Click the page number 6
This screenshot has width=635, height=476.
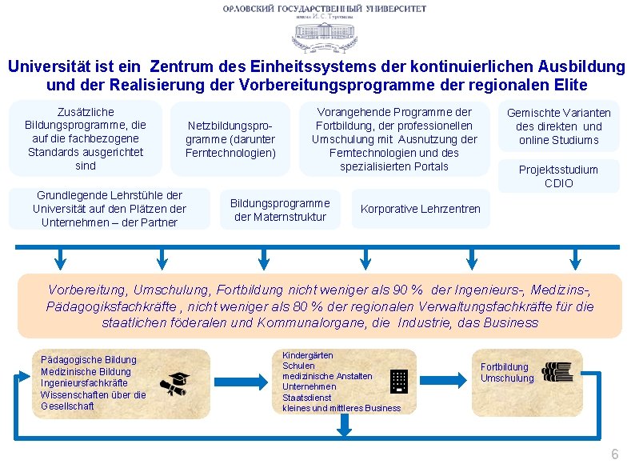point(614,454)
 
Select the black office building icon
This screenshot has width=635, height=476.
point(398,382)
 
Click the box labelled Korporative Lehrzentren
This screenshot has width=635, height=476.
point(420,209)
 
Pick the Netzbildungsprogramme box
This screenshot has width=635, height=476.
point(230,139)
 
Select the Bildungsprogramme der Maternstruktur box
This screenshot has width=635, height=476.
point(280,210)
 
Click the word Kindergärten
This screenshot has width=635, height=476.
point(308,355)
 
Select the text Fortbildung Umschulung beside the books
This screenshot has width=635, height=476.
point(506,373)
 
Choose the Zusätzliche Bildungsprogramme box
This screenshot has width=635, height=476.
point(86,139)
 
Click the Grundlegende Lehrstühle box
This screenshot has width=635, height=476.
point(109,209)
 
